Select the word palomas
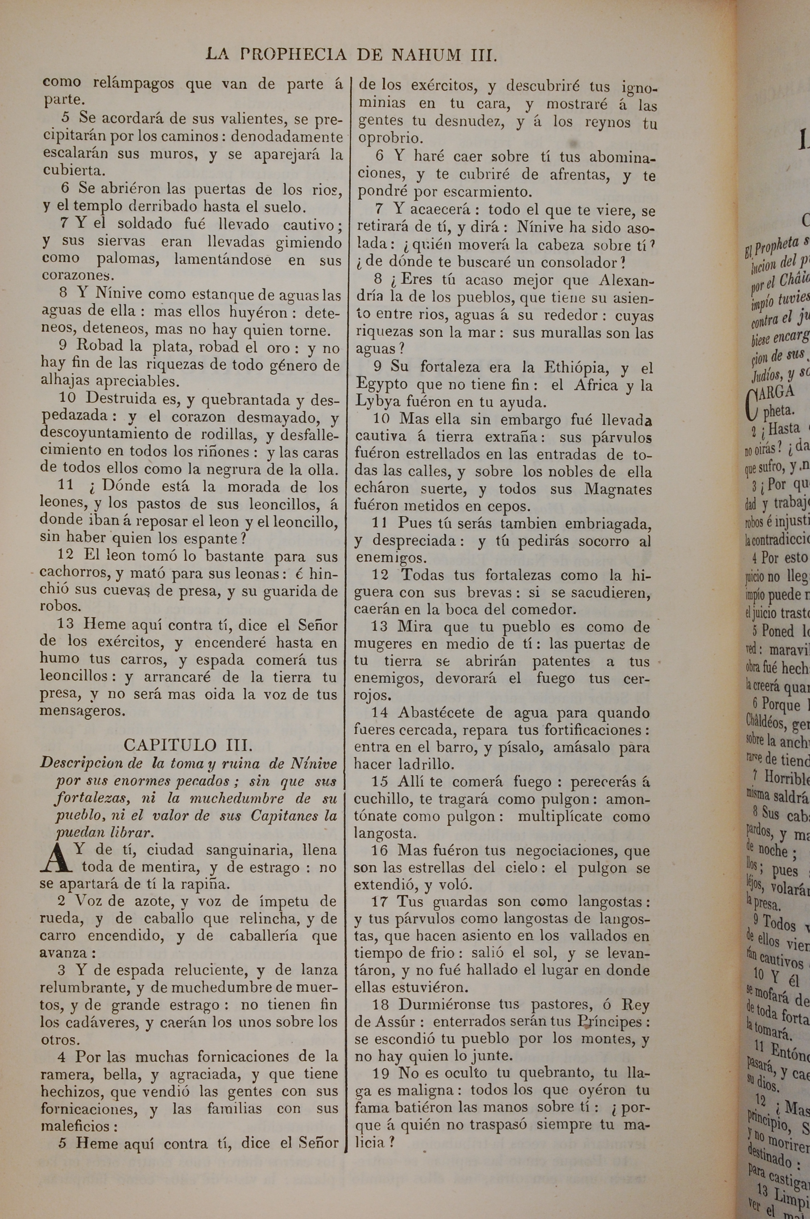125,259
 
